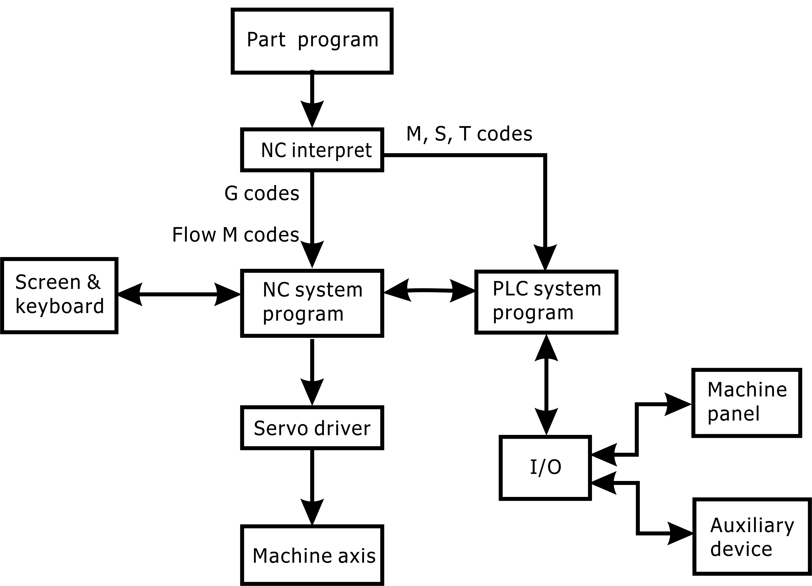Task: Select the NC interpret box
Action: (x=312, y=150)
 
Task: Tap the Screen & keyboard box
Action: (x=60, y=295)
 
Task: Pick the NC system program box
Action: (x=312, y=303)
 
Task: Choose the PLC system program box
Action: (x=546, y=302)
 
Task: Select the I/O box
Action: (x=545, y=467)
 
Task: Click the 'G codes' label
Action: (x=262, y=193)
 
